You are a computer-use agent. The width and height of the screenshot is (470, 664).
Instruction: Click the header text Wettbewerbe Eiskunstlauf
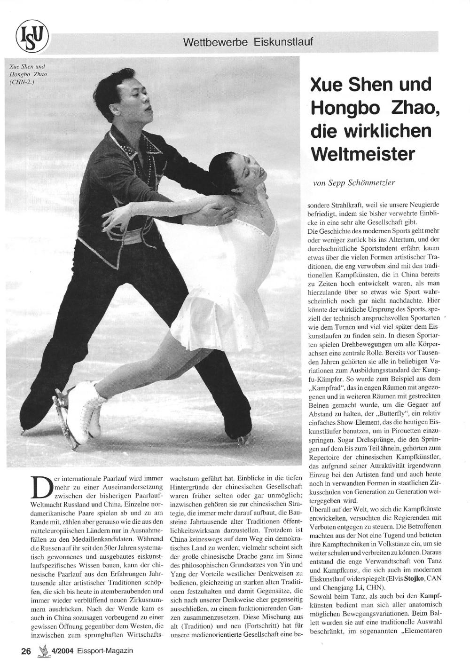(x=248, y=42)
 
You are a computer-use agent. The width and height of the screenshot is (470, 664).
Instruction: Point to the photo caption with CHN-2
(x=28, y=74)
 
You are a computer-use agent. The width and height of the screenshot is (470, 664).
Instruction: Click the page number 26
(x=26, y=651)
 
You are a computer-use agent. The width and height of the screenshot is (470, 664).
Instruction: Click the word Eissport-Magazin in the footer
(x=106, y=651)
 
